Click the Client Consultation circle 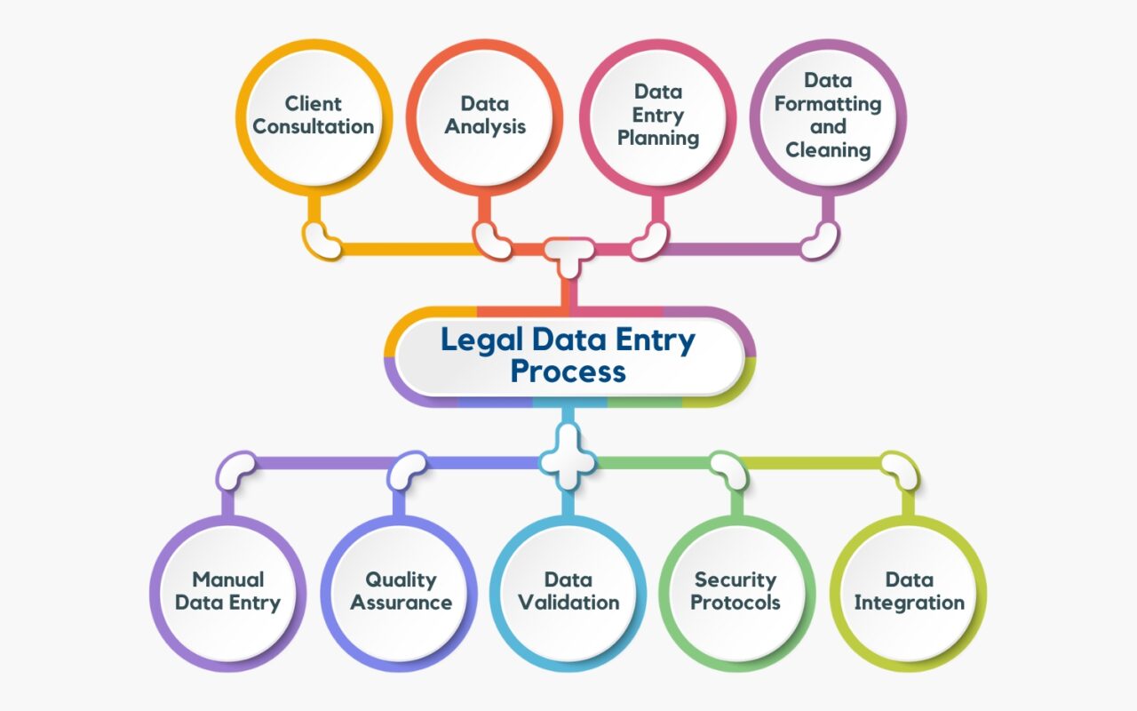[x=314, y=116]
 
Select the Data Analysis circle [x=485, y=116]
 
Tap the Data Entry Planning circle [x=657, y=116]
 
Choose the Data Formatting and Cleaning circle [x=827, y=116]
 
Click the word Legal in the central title [x=481, y=341]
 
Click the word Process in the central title [x=568, y=371]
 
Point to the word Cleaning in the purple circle [x=827, y=150]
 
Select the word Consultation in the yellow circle [x=314, y=127]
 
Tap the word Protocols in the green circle [x=736, y=603]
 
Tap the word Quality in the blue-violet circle [x=402, y=580]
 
